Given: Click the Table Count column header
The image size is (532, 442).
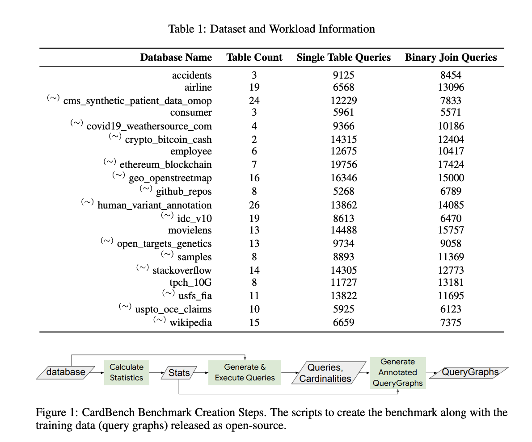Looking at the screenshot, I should [254, 58].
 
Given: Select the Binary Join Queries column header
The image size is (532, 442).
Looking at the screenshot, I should [451, 58].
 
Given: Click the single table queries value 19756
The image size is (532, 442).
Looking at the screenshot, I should [343, 164].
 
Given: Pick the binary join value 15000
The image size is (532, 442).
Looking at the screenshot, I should [451, 178].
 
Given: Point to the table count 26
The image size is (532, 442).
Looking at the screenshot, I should [254, 205].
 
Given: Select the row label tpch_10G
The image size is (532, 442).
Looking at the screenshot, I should [190, 282].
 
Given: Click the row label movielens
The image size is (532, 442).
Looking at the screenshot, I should [190, 230].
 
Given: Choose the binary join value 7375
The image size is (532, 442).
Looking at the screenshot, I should [451, 322].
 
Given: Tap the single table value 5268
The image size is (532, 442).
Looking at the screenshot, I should [343, 191].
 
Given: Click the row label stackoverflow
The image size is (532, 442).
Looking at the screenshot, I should [182, 270].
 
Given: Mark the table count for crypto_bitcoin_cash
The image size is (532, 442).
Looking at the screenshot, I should [254, 139].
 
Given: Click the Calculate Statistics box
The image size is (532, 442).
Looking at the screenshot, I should [127, 372].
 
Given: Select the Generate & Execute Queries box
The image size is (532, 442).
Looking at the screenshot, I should [245, 372].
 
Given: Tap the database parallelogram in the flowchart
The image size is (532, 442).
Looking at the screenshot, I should [66, 372].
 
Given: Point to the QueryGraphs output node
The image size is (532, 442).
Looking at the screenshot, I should [470, 372].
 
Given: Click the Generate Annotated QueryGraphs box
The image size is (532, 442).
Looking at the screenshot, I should [397, 372].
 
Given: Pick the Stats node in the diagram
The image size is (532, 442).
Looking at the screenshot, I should [179, 372].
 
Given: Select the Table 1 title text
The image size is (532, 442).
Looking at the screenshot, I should [271, 29].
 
